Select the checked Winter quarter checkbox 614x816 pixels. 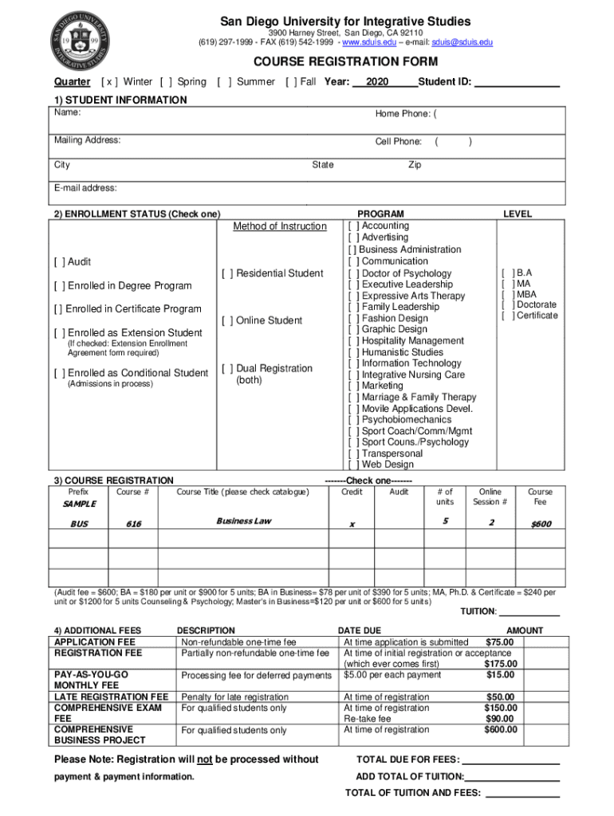click(110, 82)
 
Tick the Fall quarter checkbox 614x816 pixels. click(291, 82)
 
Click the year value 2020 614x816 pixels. click(377, 82)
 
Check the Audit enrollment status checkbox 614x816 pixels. click(60, 262)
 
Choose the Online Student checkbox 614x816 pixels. click(227, 320)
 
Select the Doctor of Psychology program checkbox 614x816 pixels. click(354, 273)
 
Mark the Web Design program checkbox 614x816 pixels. click(354, 465)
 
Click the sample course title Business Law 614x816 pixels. click(244, 522)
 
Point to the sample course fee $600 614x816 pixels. click(541, 524)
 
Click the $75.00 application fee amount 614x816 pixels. click(500, 642)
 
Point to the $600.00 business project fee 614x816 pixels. click(500, 730)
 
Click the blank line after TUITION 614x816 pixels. click(529, 613)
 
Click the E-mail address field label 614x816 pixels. click(85, 188)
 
